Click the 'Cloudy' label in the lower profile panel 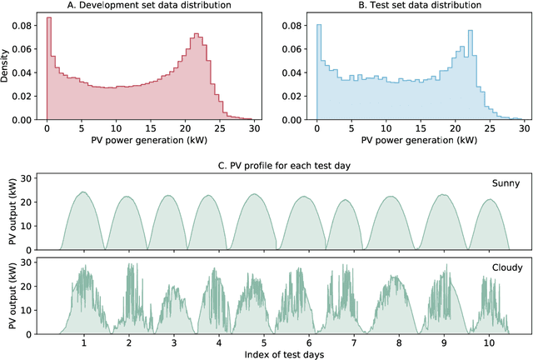(505, 267)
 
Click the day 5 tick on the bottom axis (262, 342)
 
